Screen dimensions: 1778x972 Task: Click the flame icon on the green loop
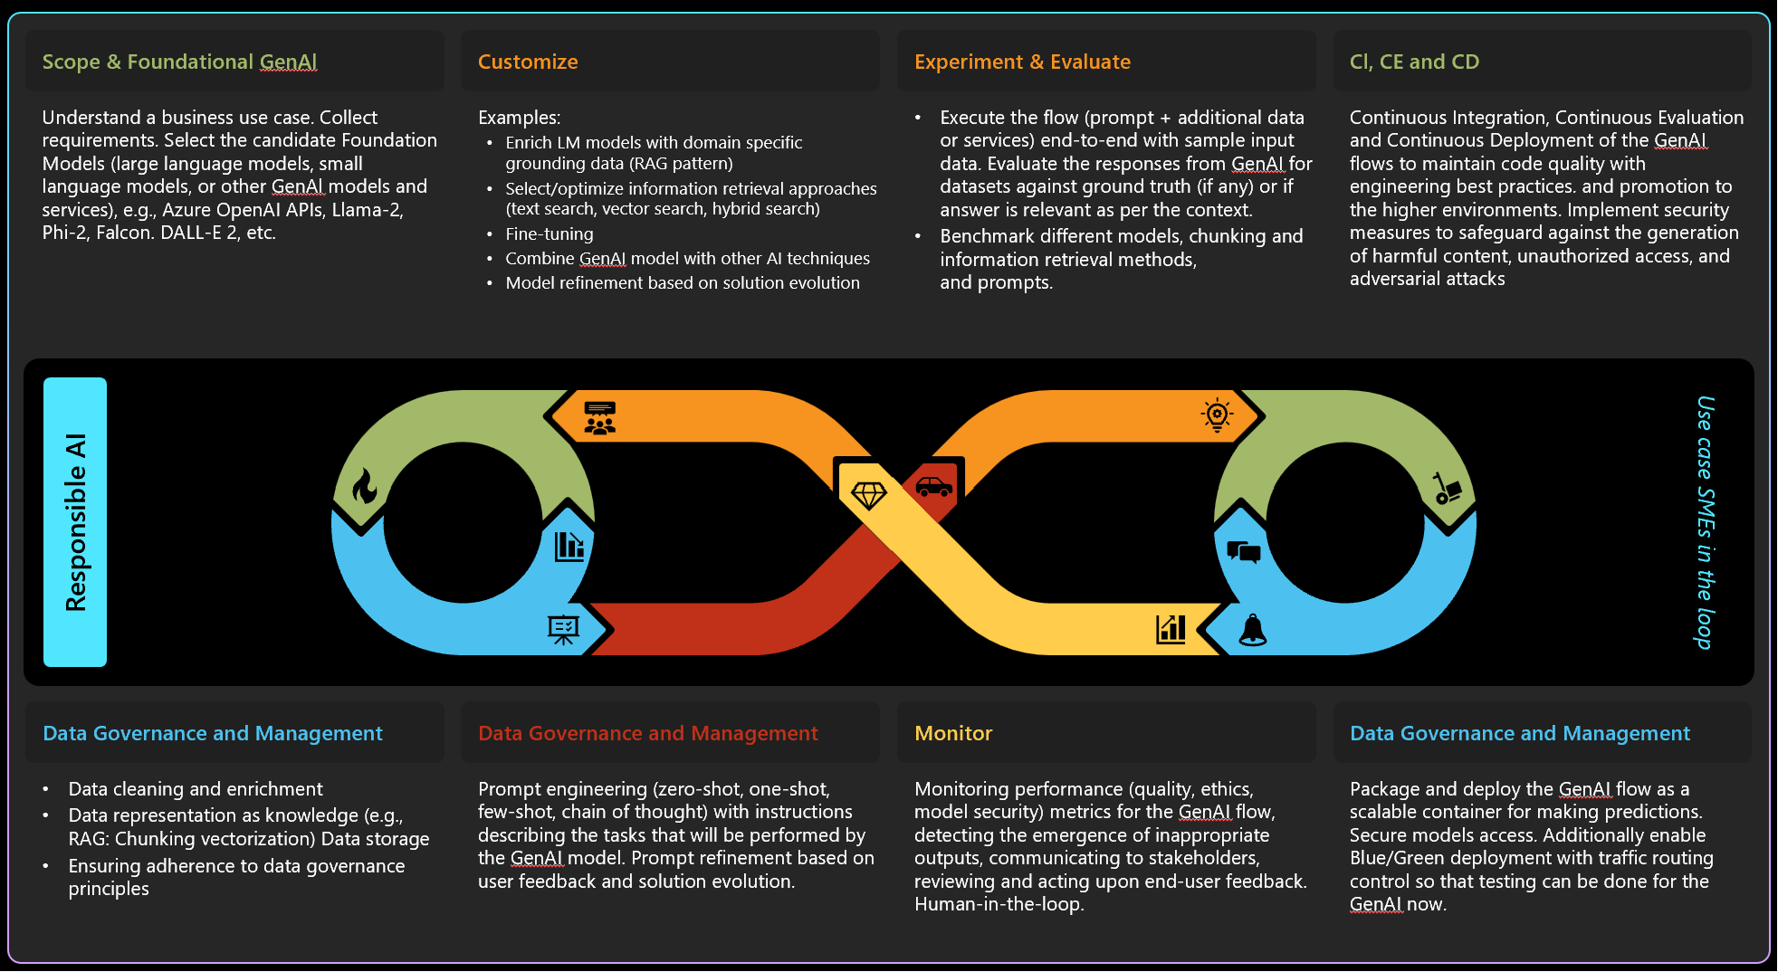365,486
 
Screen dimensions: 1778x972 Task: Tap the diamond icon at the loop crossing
869,494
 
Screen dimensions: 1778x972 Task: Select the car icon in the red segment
933,486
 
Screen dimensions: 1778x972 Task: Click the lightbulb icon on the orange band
1217,415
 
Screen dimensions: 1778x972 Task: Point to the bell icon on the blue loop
1253,629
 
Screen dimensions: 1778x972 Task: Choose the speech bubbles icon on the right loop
1244,551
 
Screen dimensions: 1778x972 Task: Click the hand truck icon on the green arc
1447,488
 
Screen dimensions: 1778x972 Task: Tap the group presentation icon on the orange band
599,418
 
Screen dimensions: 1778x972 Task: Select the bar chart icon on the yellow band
1171,628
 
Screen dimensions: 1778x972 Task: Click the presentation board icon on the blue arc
563,629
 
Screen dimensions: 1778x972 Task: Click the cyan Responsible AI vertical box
75,522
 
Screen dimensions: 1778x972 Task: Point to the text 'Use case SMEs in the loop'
1705,522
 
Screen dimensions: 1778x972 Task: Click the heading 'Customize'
528,62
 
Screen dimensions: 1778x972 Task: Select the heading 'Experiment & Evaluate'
1022,62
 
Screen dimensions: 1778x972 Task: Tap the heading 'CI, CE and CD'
1414,62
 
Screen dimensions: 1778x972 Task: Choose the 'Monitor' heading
953,733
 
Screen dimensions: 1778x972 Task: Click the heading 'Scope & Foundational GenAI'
179,62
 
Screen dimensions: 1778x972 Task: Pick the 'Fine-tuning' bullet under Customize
550,233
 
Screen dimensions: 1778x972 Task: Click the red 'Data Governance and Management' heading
647,733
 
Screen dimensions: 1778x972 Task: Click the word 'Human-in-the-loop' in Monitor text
999,904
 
